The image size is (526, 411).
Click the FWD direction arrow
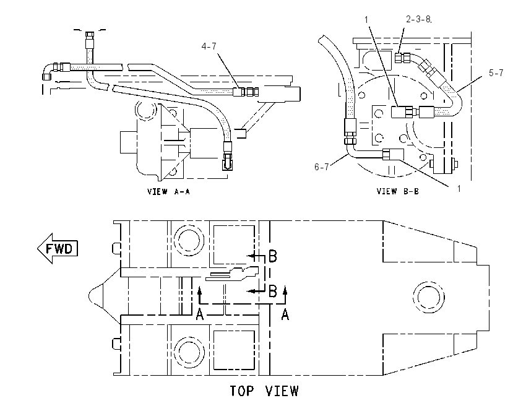click(58, 249)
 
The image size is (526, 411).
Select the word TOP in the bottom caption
click(242, 391)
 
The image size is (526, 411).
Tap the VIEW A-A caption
click(168, 192)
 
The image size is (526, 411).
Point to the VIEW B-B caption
click(397, 192)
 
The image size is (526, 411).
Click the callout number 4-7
click(209, 46)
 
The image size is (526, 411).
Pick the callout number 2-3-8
click(418, 19)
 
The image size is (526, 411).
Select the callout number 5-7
click(496, 73)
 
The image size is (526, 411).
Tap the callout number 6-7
click(322, 167)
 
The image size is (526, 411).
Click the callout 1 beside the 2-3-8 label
click(366, 20)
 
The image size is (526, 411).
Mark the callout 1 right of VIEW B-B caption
click(459, 189)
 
